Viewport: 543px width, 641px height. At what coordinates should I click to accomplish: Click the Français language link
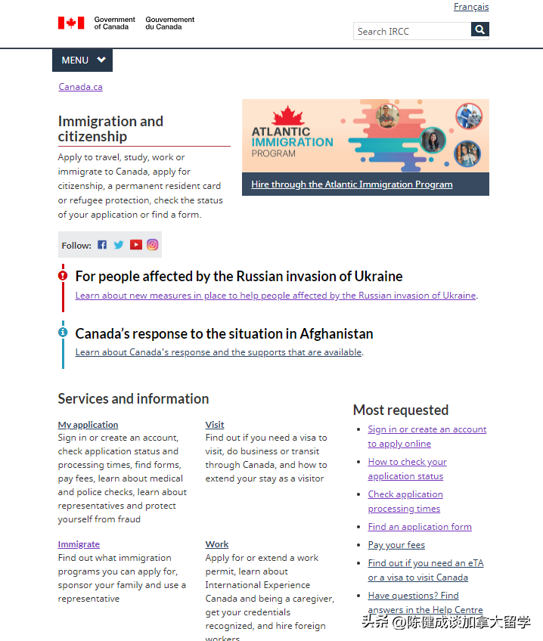click(471, 7)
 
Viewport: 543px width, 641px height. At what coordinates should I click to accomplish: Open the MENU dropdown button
click(82, 60)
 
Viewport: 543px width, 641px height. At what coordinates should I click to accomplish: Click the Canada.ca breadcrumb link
click(80, 86)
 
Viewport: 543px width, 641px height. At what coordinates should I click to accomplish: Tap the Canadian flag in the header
click(71, 23)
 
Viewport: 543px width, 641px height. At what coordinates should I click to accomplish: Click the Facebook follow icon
click(102, 245)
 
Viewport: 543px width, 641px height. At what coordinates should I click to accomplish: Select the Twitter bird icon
click(119, 245)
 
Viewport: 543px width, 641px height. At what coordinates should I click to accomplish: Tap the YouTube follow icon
click(135, 245)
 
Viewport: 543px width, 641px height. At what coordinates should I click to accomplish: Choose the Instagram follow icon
click(152, 245)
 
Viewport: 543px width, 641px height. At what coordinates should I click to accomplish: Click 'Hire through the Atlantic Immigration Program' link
click(352, 184)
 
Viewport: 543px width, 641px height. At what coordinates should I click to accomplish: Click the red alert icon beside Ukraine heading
click(63, 276)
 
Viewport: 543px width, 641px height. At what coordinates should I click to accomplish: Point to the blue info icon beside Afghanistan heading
click(63, 332)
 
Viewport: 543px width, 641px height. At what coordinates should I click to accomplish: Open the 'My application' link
click(88, 425)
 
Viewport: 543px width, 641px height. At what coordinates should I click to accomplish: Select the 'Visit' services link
click(215, 425)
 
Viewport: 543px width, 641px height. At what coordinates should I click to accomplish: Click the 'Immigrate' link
click(79, 544)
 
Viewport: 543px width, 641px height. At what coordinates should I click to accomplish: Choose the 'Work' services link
click(217, 544)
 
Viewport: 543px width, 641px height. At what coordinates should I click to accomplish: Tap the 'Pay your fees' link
click(396, 545)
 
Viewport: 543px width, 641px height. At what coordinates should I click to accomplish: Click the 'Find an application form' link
click(420, 527)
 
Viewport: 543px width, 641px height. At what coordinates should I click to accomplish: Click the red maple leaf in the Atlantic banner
click(286, 116)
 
